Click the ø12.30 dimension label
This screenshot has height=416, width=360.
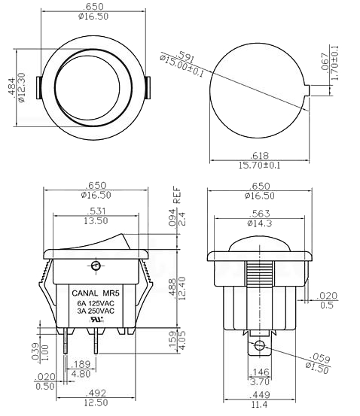coord(21,87)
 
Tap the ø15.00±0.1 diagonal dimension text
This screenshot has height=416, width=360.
coord(182,65)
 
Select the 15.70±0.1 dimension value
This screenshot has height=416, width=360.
coord(259,165)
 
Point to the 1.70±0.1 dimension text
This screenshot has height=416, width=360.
coord(335,63)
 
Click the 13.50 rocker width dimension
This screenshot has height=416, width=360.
coord(96,220)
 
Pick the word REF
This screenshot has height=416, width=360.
coord(177,195)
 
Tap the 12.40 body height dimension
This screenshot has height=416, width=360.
coord(182,289)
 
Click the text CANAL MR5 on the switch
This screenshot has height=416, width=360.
coord(96,293)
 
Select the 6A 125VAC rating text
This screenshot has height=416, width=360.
coord(96,303)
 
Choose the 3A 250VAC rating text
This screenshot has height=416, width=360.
coord(96,311)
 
